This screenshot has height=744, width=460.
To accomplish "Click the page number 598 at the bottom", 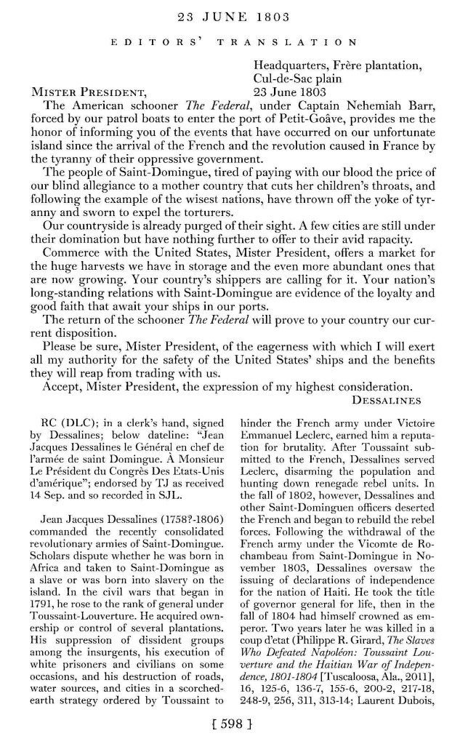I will point(231,728).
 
